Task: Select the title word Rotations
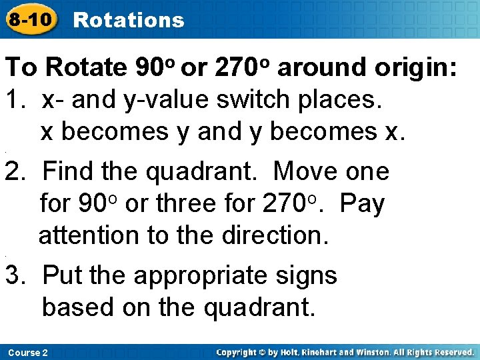click(129, 20)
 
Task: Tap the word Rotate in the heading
click(87, 68)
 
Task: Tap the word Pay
click(362, 204)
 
